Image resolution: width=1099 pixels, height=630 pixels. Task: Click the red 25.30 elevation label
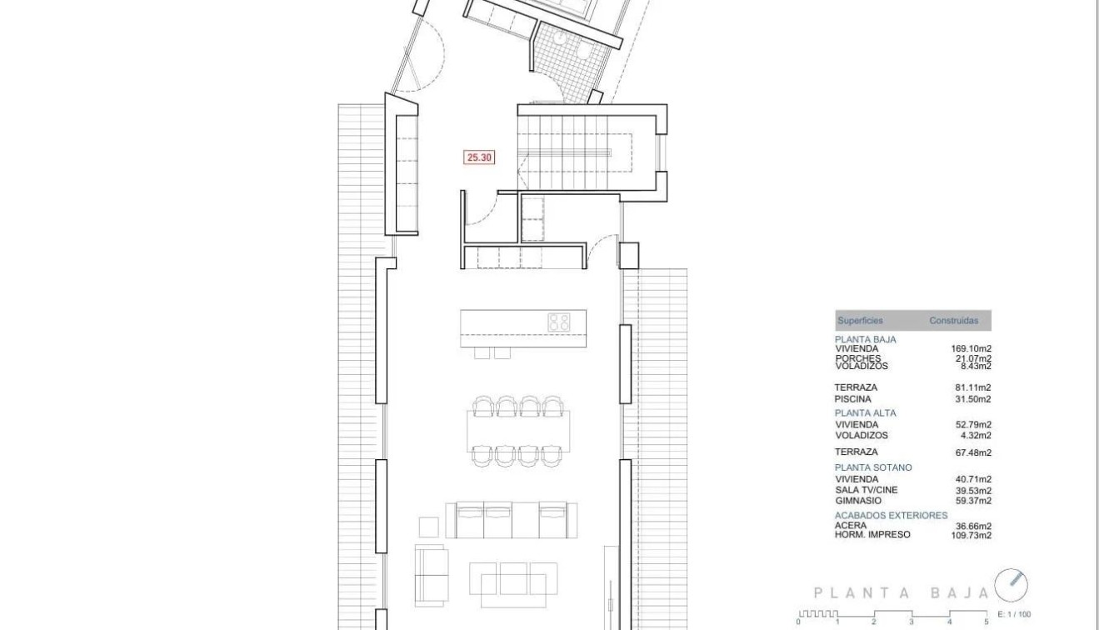coord(479,157)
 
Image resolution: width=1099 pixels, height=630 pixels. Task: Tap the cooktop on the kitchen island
coord(558,321)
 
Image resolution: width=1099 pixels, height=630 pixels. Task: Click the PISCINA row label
coord(852,399)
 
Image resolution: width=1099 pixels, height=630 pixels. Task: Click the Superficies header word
coord(860,321)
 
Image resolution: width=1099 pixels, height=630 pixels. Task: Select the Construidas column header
coord(954,321)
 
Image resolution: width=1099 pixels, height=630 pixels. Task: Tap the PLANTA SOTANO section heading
coord(873,467)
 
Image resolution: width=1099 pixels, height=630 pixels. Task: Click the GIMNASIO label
coord(858,501)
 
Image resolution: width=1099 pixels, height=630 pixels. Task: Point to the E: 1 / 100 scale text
coord(1014,614)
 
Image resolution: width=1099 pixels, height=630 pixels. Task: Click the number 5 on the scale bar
coord(987,622)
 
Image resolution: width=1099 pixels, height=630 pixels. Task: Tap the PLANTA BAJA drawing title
coord(901,593)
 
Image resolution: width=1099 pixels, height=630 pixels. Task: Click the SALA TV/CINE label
coord(866,490)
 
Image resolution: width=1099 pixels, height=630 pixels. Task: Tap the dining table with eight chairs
coord(518,431)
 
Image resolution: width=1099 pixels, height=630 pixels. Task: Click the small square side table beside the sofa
coord(429,526)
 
